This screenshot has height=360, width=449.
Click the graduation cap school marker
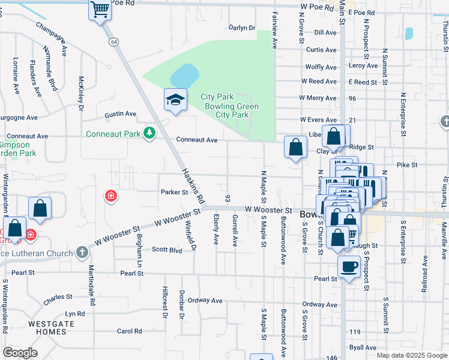(x=175, y=100)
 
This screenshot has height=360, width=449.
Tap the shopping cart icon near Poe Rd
(x=100, y=10)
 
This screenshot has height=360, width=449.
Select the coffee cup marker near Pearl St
(x=349, y=266)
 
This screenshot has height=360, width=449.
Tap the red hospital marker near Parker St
(x=110, y=196)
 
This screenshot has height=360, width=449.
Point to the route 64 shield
(x=113, y=41)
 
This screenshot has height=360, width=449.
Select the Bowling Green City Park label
(x=231, y=110)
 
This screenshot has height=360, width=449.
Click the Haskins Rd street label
(x=193, y=185)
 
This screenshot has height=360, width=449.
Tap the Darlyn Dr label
(x=243, y=28)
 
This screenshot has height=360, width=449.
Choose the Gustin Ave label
(x=120, y=113)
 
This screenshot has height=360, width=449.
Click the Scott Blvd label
(x=166, y=249)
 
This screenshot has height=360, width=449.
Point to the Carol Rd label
(x=129, y=331)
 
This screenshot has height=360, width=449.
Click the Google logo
(x=20, y=353)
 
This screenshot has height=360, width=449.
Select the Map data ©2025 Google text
(x=411, y=355)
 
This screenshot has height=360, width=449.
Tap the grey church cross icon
(x=82, y=252)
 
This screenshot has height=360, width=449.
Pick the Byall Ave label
(x=363, y=347)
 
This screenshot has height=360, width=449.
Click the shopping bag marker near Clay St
(x=295, y=147)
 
